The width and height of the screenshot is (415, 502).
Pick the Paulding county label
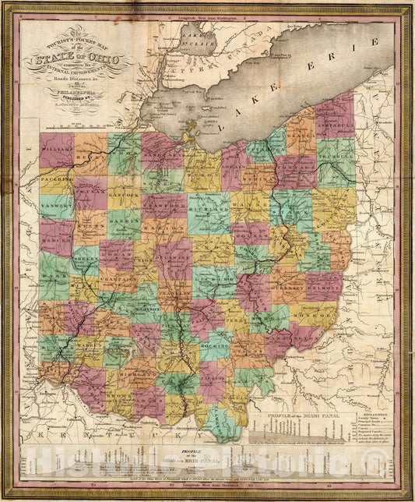pos(56,179)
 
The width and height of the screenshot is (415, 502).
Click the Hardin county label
pos(125,219)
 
